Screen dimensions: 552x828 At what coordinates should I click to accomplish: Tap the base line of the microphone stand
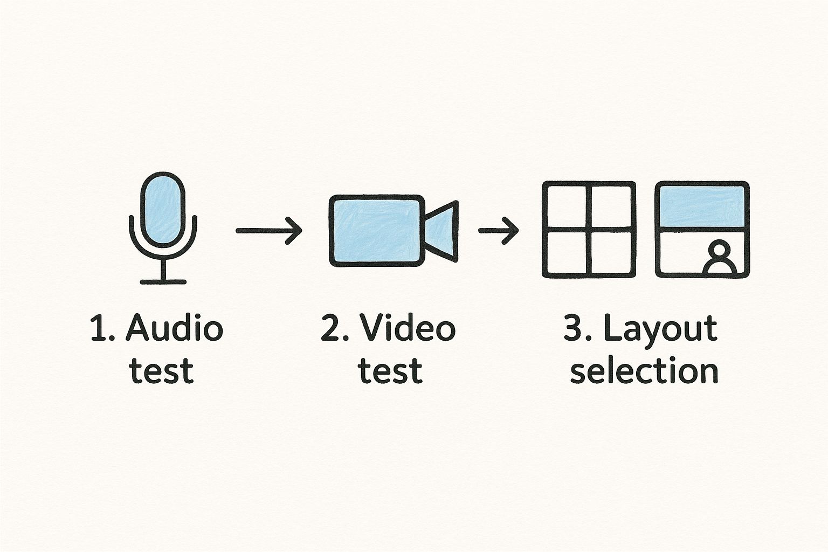pos(163,281)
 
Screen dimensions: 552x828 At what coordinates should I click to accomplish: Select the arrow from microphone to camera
pos(268,230)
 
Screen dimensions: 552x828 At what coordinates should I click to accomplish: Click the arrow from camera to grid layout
pos(498,230)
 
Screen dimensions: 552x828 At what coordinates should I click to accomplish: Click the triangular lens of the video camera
pos(443,230)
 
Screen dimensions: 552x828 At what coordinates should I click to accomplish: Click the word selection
pos(644,371)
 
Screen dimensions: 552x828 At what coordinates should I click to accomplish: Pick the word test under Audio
pos(162,371)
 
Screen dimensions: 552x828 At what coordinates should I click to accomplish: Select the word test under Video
pos(390,371)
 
